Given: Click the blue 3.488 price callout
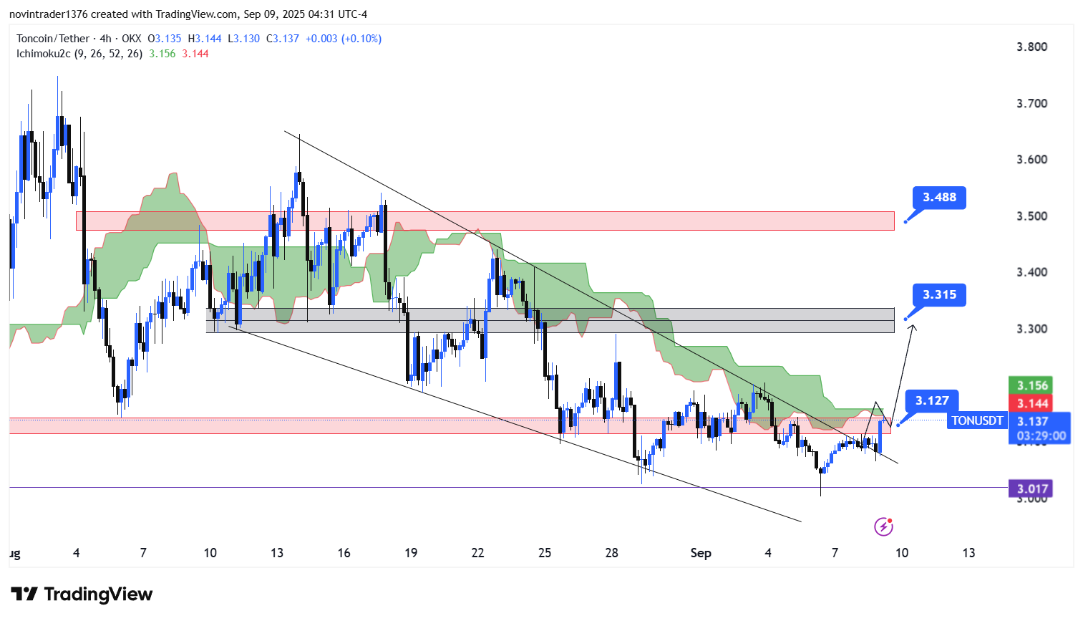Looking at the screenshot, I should click(939, 198).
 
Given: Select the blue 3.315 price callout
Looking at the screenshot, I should click(939, 295).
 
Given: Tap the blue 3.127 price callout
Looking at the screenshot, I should click(932, 401).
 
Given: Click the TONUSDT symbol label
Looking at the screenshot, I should click(977, 421).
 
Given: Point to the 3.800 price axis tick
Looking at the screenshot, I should click(1031, 47).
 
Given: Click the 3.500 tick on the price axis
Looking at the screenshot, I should click(1031, 216).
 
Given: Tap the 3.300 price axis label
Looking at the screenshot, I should click(1031, 329).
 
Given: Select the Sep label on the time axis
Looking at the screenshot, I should click(701, 553).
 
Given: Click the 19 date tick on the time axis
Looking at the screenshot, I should click(411, 553).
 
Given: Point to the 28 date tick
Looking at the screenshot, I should click(611, 553).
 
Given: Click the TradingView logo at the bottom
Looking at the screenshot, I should click(82, 594).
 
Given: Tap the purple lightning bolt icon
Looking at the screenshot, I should click(883, 527).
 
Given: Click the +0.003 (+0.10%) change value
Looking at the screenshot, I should click(343, 39).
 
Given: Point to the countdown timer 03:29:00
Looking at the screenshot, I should click(1041, 436).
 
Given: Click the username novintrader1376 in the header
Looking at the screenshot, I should click(47, 14).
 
